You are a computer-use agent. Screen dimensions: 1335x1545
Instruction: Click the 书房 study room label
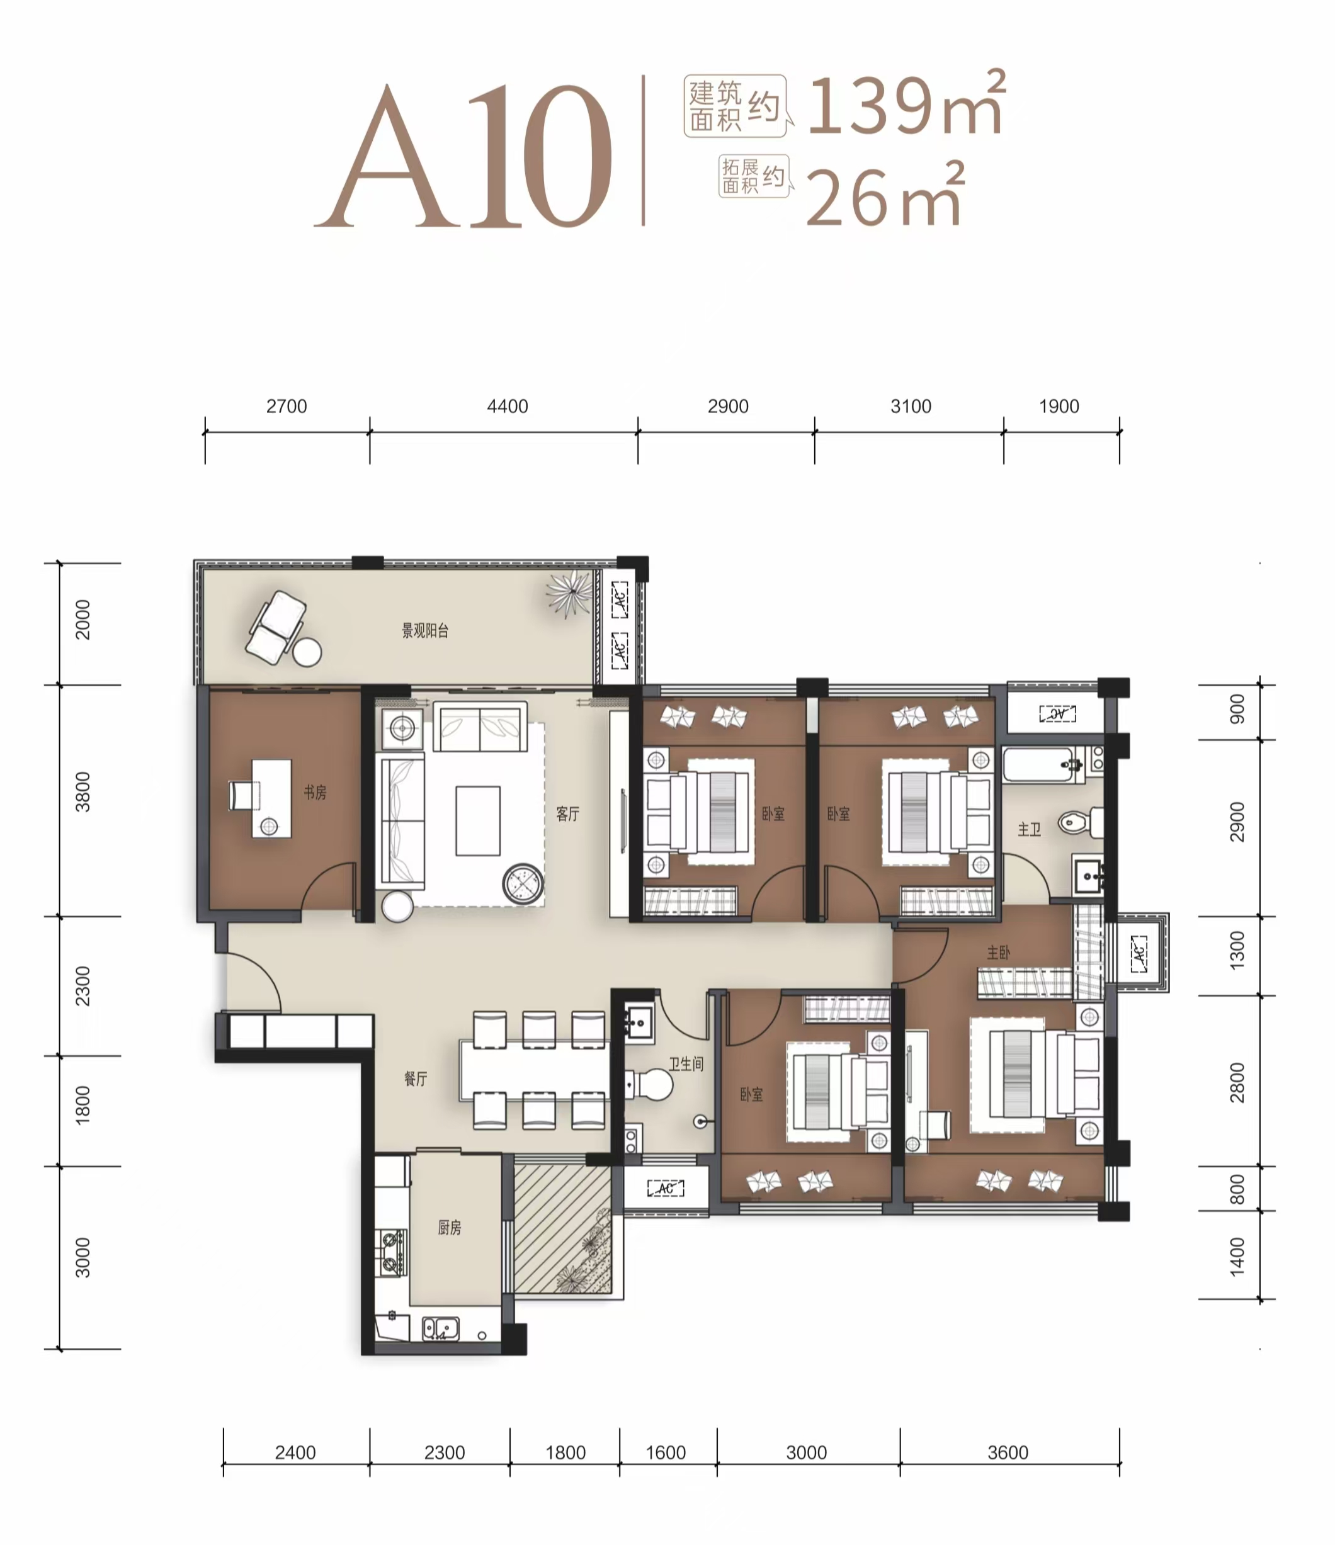pyautogui.click(x=315, y=792)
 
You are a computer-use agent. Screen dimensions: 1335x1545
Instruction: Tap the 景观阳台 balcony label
pyautogui.click(x=425, y=631)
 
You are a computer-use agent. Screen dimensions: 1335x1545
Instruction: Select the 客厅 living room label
pyautogui.click(x=567, y=813)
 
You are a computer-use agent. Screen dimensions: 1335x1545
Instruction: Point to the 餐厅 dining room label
pyautogui.click(x=416, y=1078)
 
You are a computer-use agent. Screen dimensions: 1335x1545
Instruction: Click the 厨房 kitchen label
pyautogui.click(x=449, y=1227)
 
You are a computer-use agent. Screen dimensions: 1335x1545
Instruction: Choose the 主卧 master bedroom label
pyautogui.click(x=999, y=953)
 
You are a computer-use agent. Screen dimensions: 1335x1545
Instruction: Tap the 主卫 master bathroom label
pyautogui.click(x=1029, y=829)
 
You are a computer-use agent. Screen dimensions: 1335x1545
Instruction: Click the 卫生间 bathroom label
pyautogui.click(x=685, y=1063)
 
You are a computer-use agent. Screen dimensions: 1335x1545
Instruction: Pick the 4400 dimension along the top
pyautogui.click(x=507, y=406)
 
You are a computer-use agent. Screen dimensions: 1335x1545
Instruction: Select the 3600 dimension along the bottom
pyautogui.click(x=1008, y=1452)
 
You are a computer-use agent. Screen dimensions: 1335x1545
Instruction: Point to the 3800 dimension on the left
pyautogui.click(x=82, y=792)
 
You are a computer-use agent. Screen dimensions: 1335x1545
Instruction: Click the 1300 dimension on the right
pyautogui.click(x=1237, y=951)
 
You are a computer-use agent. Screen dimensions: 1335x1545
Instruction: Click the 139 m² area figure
pyautogui.click(x=906, y=105)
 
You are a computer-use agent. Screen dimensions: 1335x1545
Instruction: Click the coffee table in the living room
pyautogui.click(x=478, y=820)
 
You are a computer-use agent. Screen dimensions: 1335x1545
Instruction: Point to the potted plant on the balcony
pyautogui.click(x=570, y=593)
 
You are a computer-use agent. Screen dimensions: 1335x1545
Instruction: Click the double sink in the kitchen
pyautogui.click(x=441, y=1329)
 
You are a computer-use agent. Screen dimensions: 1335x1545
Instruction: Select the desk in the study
pyautogui.click(x=271, y=798)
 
